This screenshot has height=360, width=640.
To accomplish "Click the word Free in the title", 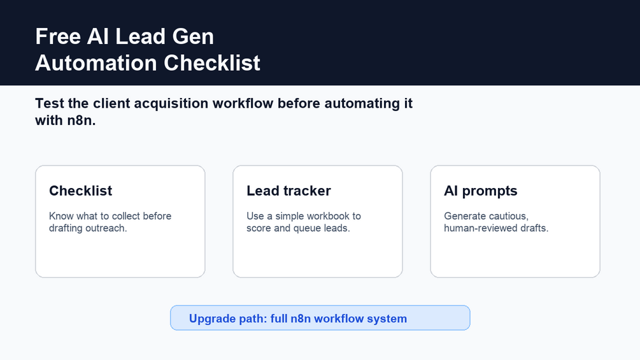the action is pyautogui.click(x=58, y=36).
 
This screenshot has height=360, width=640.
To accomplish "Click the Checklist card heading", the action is pyautogui.click(x=80, y=191).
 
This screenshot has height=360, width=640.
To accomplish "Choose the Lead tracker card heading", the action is pyautogui.click(x=288, y=191).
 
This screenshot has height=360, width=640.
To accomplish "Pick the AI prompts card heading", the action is pyautogui.click(x=480, y=191).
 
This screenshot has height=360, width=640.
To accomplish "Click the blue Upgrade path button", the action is pyautogui.click(x=320, y=317).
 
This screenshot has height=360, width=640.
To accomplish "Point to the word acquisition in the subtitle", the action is pyautogui.click(x=171, y=104).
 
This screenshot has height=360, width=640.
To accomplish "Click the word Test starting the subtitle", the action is pyautogui.click(x=50, y=103).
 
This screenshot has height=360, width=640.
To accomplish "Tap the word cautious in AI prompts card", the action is pyautogui.click(x=508, y=216).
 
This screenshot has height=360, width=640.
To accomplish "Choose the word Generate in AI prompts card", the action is pyautogui.click(x=464, y=216).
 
